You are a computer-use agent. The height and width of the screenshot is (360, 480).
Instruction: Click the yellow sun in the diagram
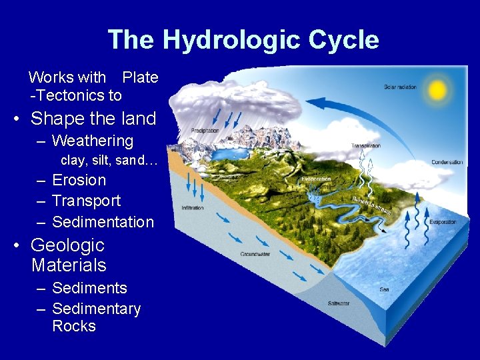tap(437, 89)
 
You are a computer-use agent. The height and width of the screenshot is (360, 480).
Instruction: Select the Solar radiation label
tap(401, 87)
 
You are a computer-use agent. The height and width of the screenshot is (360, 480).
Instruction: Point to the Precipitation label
tap(205, 131)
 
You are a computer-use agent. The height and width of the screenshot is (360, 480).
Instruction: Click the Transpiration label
tap(366, 146)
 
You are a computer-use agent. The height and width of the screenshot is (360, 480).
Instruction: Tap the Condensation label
tap(447, 162)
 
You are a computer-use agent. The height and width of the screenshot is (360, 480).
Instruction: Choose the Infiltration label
tap(193, 208)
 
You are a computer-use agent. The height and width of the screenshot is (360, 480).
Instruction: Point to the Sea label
tap(385, 289)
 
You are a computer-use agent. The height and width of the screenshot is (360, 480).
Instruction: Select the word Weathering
tap(93, 141)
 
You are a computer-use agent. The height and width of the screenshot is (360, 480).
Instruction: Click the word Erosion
tap(79, 180)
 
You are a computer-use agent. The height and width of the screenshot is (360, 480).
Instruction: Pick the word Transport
tap(86, 201)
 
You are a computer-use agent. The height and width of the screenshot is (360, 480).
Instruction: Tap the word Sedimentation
tap(103, 222)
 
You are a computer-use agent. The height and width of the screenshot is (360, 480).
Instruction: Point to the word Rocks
tap(74, 326)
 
